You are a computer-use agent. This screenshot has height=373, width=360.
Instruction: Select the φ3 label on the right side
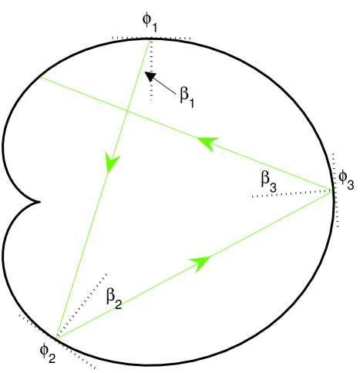coord(347,184)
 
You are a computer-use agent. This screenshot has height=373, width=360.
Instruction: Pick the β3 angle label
coord(269,181)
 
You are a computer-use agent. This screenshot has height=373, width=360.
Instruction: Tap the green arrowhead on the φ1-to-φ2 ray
coord(113,162)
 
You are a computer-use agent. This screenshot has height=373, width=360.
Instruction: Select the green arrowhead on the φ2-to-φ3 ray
coord(203,261)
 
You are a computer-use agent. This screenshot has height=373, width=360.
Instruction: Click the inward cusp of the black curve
coord(38,203)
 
